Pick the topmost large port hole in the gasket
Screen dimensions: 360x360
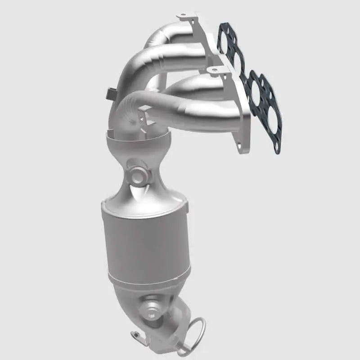[x=226, y=36]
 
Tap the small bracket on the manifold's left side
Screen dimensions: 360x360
[x=109, y=94]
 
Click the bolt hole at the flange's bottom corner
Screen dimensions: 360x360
[x=238, y=146]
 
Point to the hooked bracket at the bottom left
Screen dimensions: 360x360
[x=135, y=335]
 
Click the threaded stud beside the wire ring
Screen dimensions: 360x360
[x=184, y=348]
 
